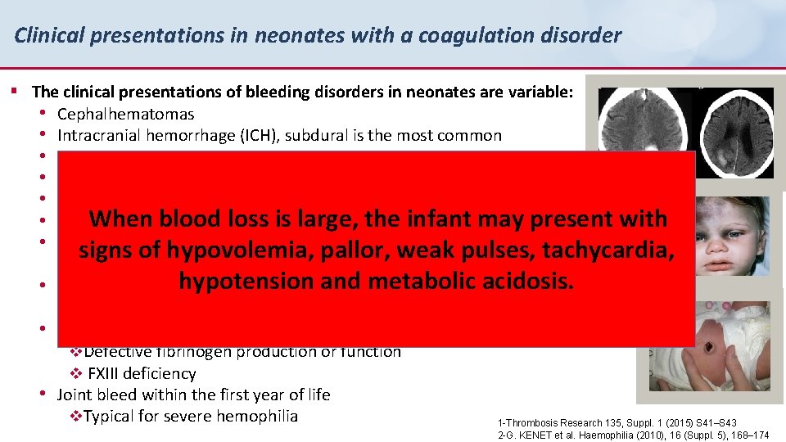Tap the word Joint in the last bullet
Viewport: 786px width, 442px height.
tap(76, 395)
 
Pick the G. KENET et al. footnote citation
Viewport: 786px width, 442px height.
tap(633, 435)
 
